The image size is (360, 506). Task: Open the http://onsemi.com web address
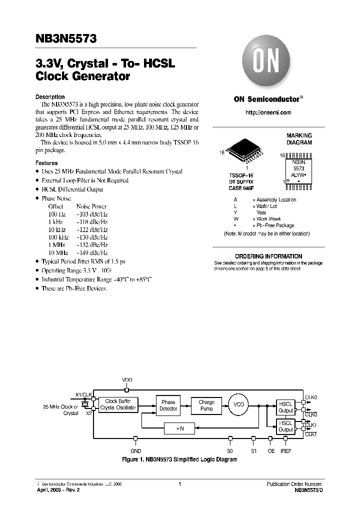tap(268, 112)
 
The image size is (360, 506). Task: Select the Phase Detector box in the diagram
tap(168, 405)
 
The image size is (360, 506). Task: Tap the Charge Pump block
tap(206, 405)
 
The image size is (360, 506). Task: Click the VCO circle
tap(239, 404)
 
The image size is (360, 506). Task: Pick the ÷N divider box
tap(180, 428)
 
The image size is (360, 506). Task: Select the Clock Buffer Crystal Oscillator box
tap(117, 404)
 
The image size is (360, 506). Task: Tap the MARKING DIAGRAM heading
tap(299, 139)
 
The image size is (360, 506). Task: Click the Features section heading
tap(46, 163)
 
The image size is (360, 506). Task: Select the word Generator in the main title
tap(99, 76)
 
